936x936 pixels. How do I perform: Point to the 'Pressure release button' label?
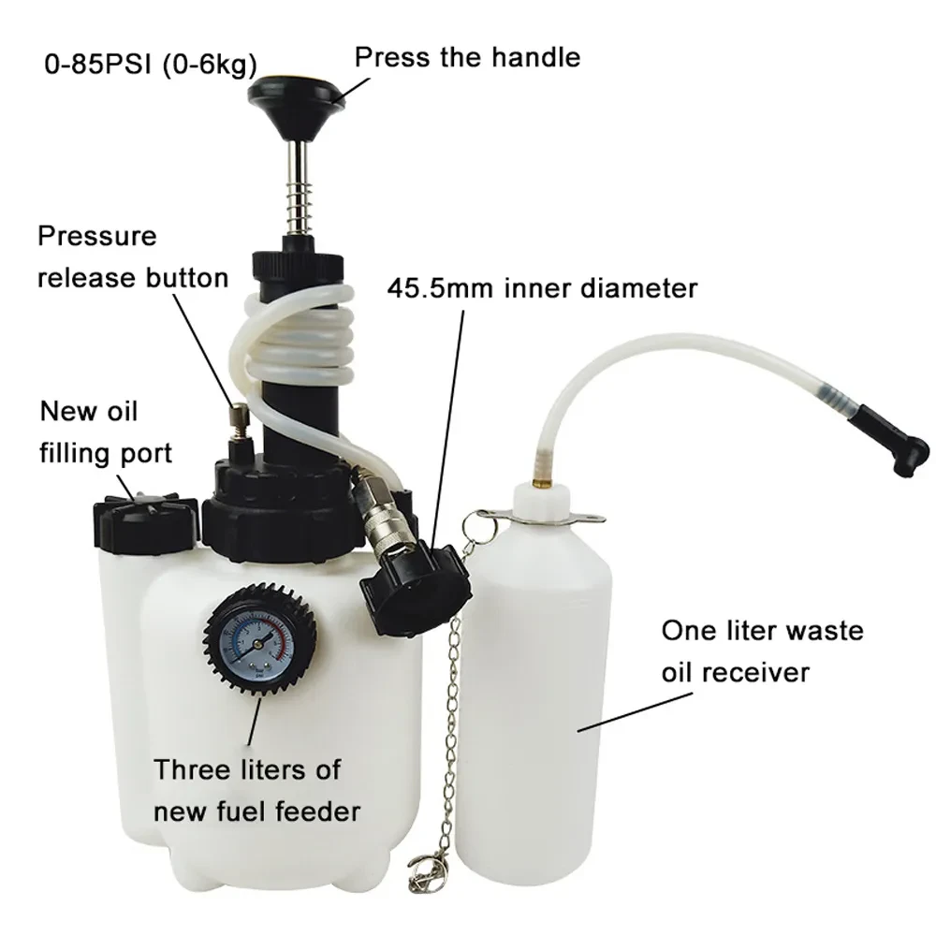click(132, 256)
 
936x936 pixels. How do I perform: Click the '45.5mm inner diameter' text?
click(542, 287)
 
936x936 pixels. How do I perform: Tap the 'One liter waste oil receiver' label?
click(762, 651)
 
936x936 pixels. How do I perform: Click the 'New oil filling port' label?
click(105, 431)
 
